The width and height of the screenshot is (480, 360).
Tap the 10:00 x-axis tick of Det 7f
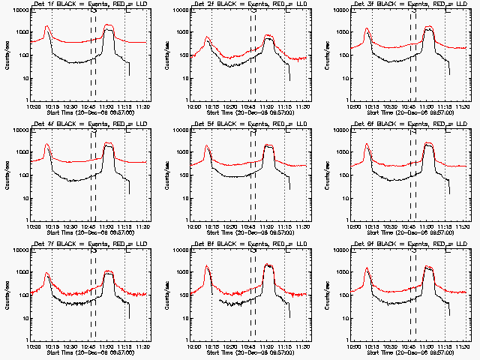[x=34, y=346]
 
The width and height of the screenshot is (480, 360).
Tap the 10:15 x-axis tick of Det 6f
[x=373, y=226]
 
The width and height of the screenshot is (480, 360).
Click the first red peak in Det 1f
[x=47, y=26]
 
